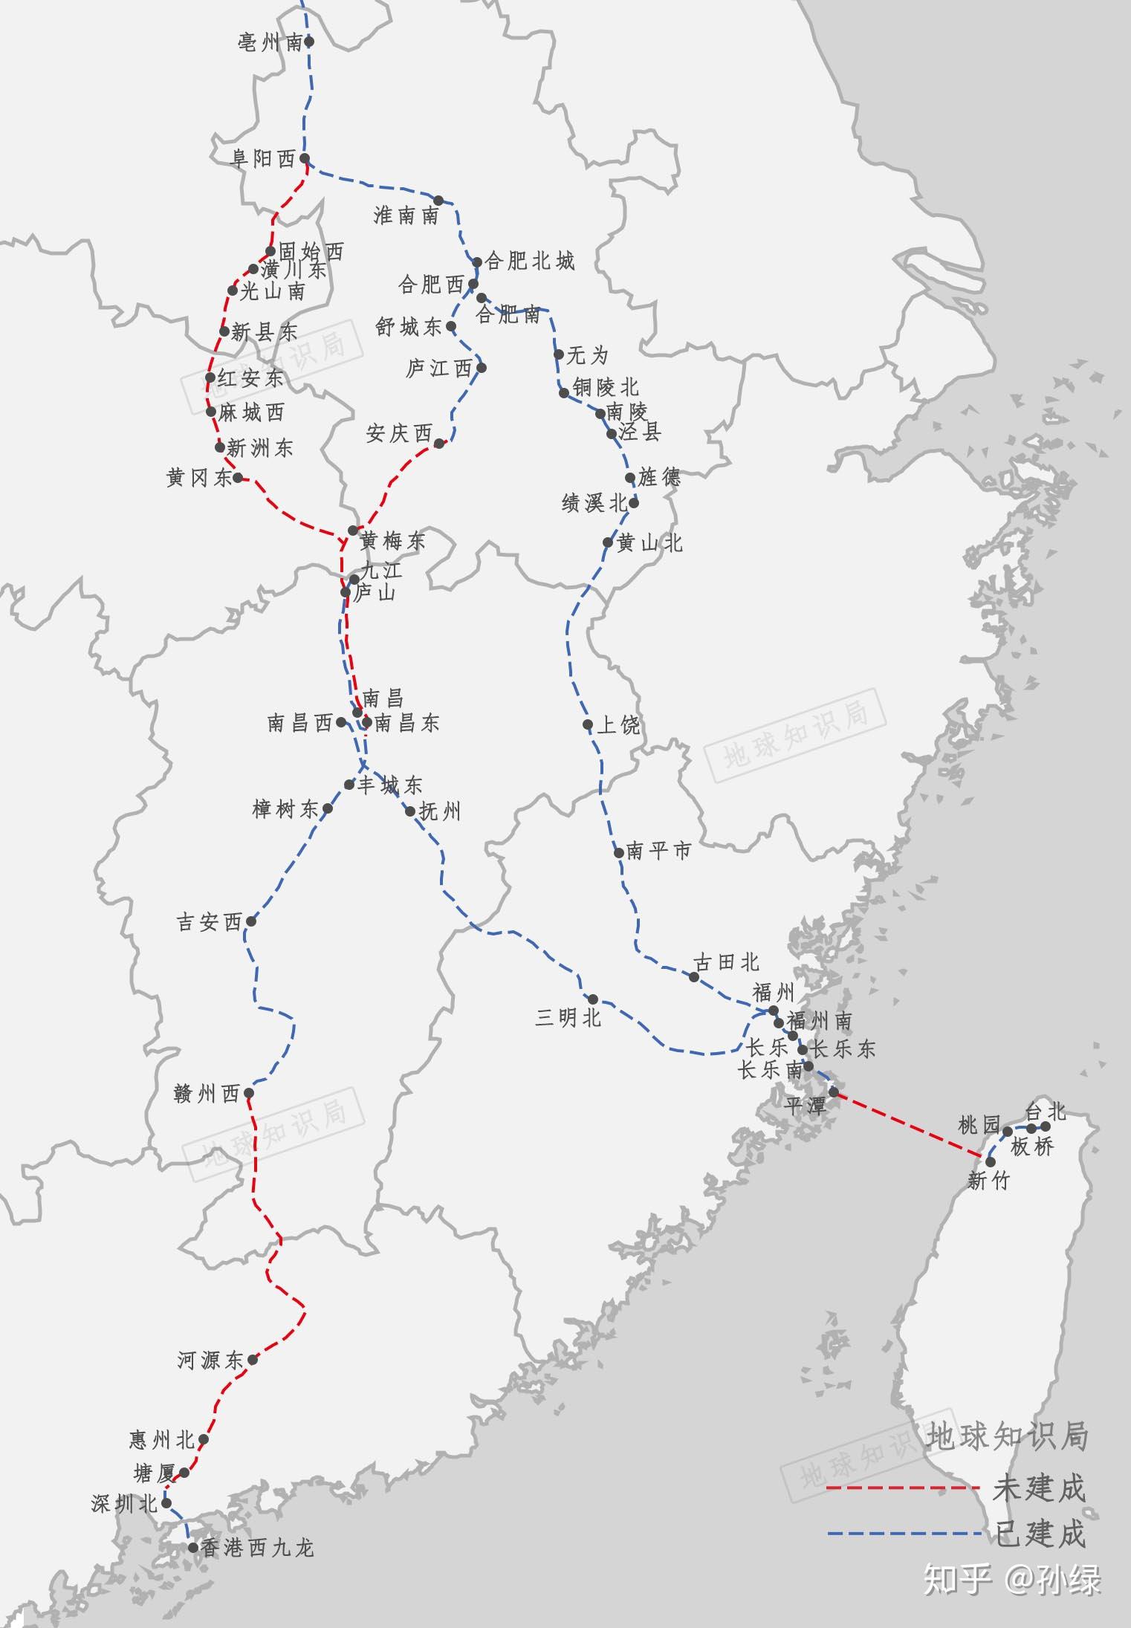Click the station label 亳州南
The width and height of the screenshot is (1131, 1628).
coord(269,43)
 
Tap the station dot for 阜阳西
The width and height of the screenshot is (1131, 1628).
coord(305,158)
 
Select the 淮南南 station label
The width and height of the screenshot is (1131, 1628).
coord(406,215)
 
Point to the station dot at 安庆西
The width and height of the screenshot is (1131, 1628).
coord(439,443)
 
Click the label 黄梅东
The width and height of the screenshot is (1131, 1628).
coord(392,541)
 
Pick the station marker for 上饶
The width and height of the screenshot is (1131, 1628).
coord(588,724)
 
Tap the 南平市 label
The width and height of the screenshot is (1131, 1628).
coord(658,851)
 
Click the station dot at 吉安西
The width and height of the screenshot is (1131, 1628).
coord(251,921)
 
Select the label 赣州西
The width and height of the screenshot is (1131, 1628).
coord(207,1094)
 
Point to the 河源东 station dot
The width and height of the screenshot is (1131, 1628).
coord(253,1360)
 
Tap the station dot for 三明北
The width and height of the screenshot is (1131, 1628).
coord(593,999)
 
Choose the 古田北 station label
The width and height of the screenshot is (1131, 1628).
coord(726,962)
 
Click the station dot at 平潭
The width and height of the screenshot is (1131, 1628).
coord(834,1092)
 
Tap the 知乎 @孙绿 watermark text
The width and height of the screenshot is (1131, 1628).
coord(1011,1581)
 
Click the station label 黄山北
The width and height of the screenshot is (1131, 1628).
coord(649,544)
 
